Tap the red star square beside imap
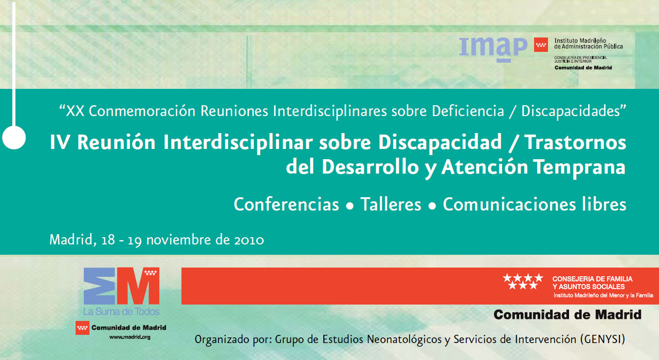(x=541, y=45)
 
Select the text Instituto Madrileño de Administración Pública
(x=589, y=44)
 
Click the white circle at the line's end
(x=14, y=138)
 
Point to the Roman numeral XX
(x=75, y=111)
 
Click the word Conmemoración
(x=142, y=111)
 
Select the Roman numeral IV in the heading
(x=60, y=142)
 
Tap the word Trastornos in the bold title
(x=576, y=142)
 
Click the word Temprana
(x=579, y=167)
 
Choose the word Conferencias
(x=286, y=204)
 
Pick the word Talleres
(x=391, y=204)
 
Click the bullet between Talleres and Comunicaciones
(x=432, y=206)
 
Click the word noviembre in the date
(x=178, y=240)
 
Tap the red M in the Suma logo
(x=138, y=286)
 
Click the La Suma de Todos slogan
(x=121, y=312)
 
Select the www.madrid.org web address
(x=130, y=337)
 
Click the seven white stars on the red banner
(x=523, y=281)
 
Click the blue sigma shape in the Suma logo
(x=99, y=286)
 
